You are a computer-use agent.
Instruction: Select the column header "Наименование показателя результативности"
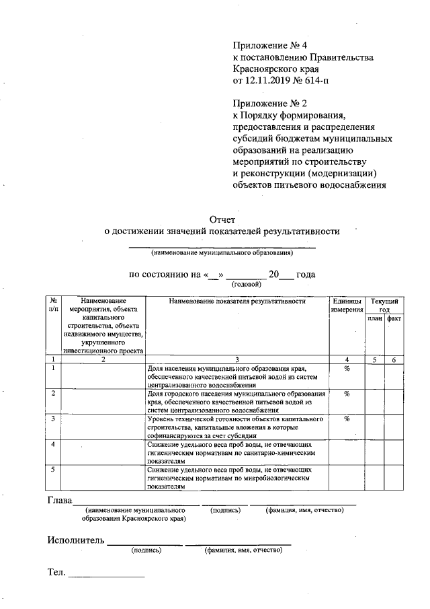pyautogui.click(x=238, y=301)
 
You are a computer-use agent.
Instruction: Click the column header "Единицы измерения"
pyautogui.click(x=347, y=306)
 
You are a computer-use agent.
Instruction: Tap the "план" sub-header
pyautogui.click(x=374, y=318)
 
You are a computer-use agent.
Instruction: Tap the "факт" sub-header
pyautogui.click(x=394, y=318)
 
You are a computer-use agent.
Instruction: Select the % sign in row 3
pyautogui.click(x=347, y=419)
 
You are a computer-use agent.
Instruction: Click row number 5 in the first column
pyautogui.click(x=52, y=468)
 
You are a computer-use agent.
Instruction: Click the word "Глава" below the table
pyautogui.click(x=59, y=501)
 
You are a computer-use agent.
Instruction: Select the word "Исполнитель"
pyautogui.click(x=76, y=540)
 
